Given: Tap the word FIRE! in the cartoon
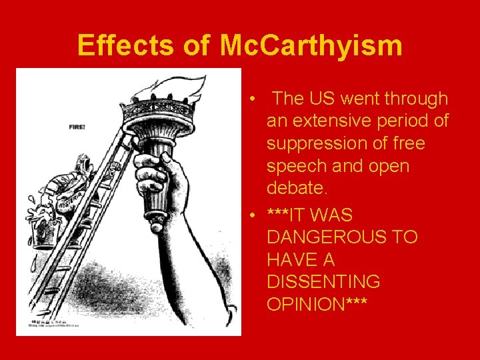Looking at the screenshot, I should point(77,127).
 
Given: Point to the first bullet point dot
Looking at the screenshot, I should point(255,99).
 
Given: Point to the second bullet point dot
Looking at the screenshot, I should point(255,215).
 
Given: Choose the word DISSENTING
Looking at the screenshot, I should point(323,282).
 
